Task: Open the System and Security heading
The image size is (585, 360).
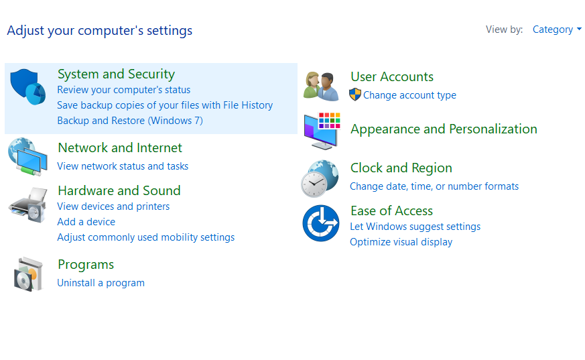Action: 116,74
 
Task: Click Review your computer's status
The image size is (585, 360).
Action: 123,90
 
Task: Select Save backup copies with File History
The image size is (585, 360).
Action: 165,105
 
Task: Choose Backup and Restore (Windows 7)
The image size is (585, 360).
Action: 129,121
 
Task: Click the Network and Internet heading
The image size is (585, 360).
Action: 120,148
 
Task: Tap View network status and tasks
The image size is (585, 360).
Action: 123,166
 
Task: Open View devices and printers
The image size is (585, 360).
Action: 113,206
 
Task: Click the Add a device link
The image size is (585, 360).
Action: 86,222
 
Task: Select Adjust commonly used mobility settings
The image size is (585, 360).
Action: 145,237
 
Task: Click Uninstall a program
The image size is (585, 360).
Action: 101,283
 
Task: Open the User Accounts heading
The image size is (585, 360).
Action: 391,77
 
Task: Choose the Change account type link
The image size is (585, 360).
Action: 409,95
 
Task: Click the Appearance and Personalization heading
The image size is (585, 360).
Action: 444,129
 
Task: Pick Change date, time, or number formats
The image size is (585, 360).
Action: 434,186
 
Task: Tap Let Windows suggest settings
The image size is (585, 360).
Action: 415,227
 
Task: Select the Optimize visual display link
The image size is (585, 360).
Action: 401,242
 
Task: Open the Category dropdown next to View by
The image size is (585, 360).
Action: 556,29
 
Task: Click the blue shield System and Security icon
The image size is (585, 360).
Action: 27,86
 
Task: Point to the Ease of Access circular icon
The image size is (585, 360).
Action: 321,223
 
